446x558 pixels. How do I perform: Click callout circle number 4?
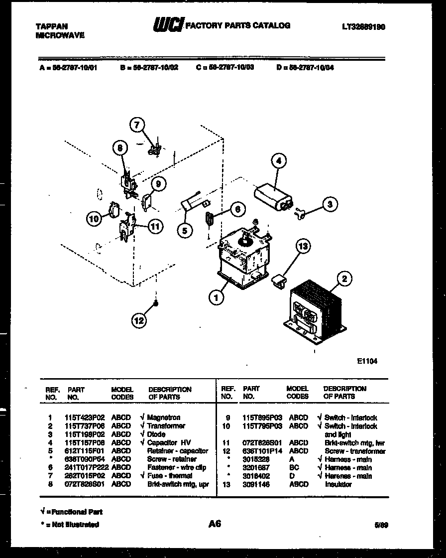coord(279,161)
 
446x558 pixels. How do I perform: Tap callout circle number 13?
coord(303,246)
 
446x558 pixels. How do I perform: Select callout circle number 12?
coord(139,320)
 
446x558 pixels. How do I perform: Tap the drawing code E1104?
coord(367,361)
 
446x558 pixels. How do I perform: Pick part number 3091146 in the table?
coord(256,484)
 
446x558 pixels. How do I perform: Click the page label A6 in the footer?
coord(215,524)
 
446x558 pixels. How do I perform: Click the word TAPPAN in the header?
coord(52,26)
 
